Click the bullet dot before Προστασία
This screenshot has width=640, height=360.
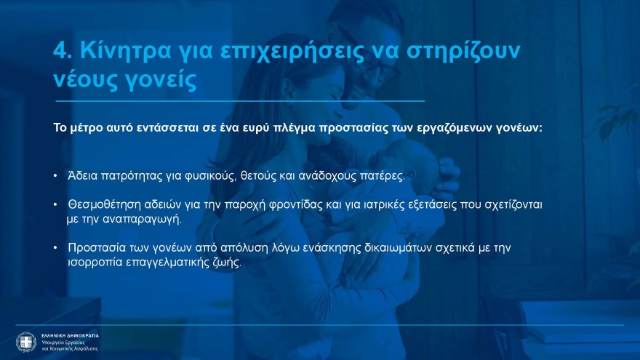tap(56, 248)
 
